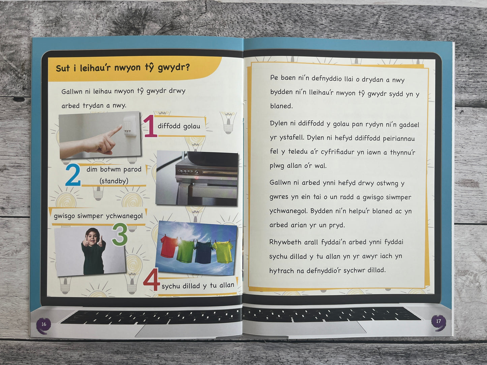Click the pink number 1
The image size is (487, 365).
pyautogui.click(x=150, y=126)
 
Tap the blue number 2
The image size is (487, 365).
pyautogui.click(x=73, y=175)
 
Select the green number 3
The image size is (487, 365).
pyautogui.click(x=120, y=234)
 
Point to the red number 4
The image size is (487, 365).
pyautogui.click(x=152, y=279)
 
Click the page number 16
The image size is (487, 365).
pyautogui.click(x=44, y=324)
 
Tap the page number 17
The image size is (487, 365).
pyautogui.click(x=438, y=321)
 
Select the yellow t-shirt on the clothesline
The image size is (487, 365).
pyautogui.click(x=223, y=252)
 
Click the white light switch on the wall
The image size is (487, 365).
pyautogui.click(x=130, y=126)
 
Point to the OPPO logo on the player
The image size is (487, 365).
pyautogui.click(x=185, y=171)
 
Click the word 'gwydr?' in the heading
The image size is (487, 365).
pyautogui.click(x=174, y=67)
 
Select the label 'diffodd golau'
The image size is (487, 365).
pyautogui.click(x=179, y=126)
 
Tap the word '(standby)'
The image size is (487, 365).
pyautogui.click(x=114, y=181)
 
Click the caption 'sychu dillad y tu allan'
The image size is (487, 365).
pyautogui.click(x=198, y=286)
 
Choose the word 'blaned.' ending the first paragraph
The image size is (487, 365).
pyautogui.click(x=281, y=106)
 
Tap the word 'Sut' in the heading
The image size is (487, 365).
pyautogui.click(x=63, y=68)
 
